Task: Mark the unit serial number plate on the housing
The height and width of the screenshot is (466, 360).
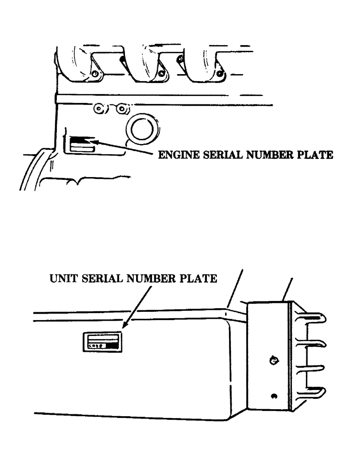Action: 102,342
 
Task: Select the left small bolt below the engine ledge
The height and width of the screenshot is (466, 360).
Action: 99,109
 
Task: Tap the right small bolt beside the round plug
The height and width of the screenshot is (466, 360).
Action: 122,109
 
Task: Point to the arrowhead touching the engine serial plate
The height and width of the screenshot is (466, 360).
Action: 91,139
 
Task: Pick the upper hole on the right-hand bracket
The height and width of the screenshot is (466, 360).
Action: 273,360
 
